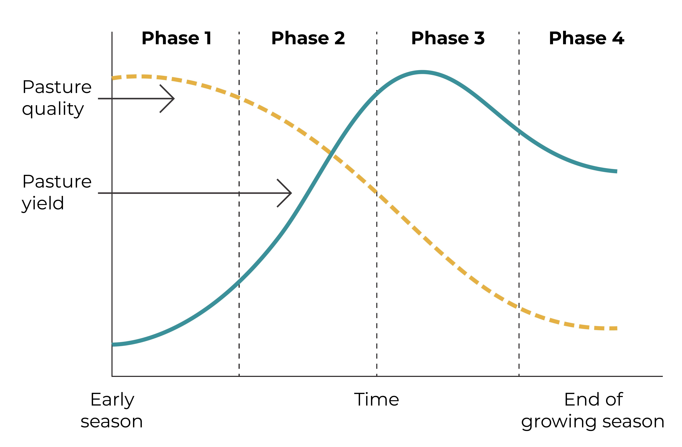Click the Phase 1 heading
click(x=177, y=38)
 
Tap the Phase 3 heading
click(x=448, y=38)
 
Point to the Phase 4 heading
click(x=587, y=38)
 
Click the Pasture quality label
click(x=57, y=98)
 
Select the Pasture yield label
click(x=57, y=192)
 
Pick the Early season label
click(x=112, y=410)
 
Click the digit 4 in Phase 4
click(x=618, y=38)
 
